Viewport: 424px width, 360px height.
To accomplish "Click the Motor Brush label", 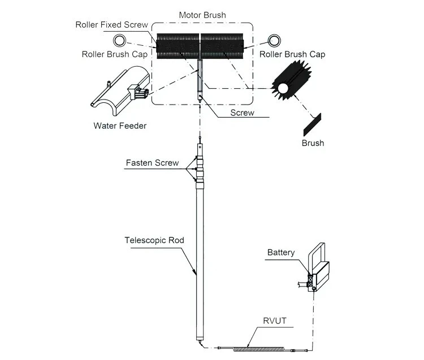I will click(202, 15).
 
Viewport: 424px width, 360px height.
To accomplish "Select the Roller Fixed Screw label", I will click(112, 25).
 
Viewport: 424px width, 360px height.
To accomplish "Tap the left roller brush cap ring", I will click(119, 40).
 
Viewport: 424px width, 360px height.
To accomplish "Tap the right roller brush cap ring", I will click(275, 40).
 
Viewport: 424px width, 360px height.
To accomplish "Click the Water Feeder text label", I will click(120, 125).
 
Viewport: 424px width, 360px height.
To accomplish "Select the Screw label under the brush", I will click(242, 112).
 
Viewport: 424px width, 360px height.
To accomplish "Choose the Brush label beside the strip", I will click(313, 143).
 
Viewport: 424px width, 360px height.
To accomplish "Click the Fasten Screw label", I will click(152, 163).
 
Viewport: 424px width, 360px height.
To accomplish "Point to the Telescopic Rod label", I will click(154, 240).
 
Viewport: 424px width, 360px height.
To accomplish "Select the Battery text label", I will click(281, 253).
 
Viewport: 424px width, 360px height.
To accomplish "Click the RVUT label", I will click(275, 321).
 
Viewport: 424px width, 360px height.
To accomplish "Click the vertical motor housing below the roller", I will click(200, 79).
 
